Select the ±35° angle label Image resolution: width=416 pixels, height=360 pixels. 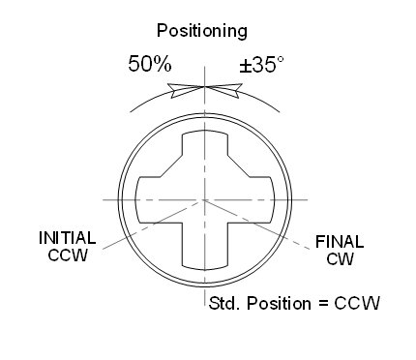click(x=260, y=66)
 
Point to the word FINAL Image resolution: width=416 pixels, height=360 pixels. click(x=335, y=243)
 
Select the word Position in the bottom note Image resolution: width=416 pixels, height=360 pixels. click(x=279, y=303)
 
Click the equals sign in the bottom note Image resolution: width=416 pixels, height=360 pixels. click(x=325, y=303)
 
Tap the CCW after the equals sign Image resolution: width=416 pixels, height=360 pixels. click(x=357, y=303)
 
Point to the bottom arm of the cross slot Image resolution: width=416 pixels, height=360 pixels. click(x=204, y=247)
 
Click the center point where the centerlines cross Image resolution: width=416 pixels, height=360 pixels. click(x=204, y=199)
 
